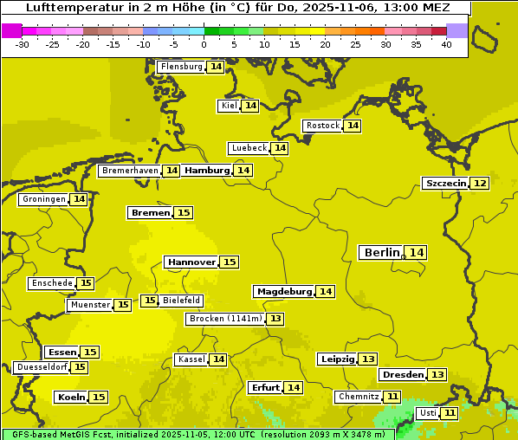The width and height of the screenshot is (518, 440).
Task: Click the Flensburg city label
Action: pyautogui.click(x=181, y=67)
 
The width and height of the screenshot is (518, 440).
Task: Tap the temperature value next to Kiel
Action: pyautogui.click(x=250, y=106)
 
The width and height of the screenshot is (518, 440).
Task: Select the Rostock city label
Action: pyautogui.click(x=322, y=126)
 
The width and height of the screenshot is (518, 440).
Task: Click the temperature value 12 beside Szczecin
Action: pyautogui.click(x=480, y=183)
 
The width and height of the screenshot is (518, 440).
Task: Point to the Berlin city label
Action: pyautogui.click(x=381, y=252)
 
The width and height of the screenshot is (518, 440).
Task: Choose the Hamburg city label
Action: pyautogui.click(x=206, y=171)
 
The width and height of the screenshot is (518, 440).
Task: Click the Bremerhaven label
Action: pyautogui.click(x=130, y=171)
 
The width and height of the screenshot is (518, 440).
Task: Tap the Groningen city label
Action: pyautogui.click(x=44, y=199)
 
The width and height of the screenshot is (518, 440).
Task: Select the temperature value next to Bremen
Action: pyautogui.click(x=184, y=212)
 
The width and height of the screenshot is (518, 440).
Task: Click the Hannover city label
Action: pyautogui.click(x=191, y=262)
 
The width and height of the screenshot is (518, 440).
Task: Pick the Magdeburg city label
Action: pyautogui.click(x=283, y=291)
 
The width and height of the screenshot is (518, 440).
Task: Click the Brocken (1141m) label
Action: pyautogui.click(x=224, y=319)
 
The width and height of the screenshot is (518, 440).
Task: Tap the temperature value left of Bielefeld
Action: pyautogui.click(x=150, y=301)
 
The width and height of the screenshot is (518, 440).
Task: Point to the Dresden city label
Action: pyautogui.click(x=403, y=374)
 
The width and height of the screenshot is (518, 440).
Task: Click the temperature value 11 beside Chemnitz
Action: pyautogui.click(x=393, y=397)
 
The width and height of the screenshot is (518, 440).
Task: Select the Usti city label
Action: pyautogui.click(x=427, y=413)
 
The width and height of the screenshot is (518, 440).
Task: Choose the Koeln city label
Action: pyautogui.click(x=71, y=397)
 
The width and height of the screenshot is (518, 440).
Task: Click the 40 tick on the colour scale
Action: pyautogui.click(x=446, y=44)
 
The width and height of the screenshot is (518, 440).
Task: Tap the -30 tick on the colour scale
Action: pyautogui.click(x=23, y=44)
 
